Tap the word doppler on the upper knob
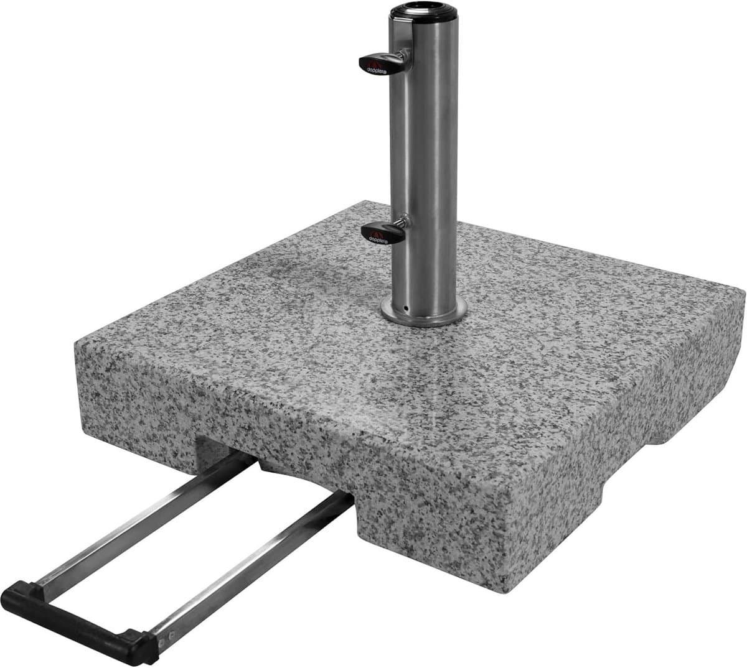(x=377, y=67)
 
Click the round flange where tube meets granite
(x=424, y=314)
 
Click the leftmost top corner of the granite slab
(x=76, y=341)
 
